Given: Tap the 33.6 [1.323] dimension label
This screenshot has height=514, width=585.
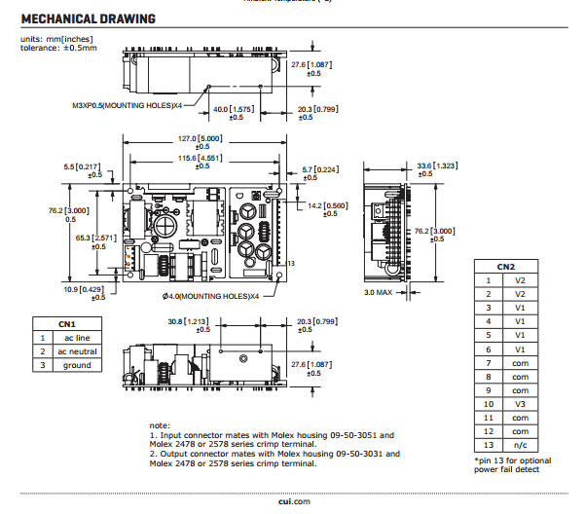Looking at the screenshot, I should pos(437,166).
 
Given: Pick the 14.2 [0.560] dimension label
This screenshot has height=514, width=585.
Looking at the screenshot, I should pos(327,205).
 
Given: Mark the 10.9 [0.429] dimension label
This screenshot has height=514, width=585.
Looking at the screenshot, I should pos(84,289).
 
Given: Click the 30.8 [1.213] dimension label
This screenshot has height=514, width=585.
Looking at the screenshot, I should pos(189,320).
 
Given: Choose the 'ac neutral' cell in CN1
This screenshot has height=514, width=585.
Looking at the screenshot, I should pos(77,351).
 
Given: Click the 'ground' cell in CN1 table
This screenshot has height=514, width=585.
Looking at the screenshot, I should pos(77,365).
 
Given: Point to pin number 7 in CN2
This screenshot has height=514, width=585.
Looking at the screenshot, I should pos(488,361).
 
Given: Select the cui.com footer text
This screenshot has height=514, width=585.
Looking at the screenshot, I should pos(292,500).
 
